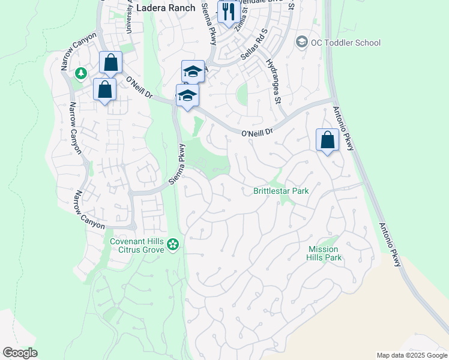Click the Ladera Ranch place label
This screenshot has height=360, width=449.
166,8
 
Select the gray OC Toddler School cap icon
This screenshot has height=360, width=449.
301,42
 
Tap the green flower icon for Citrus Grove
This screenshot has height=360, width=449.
173,244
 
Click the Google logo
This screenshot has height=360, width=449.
20,353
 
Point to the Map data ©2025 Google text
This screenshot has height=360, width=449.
411,355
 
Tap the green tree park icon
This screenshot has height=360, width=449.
80,73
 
